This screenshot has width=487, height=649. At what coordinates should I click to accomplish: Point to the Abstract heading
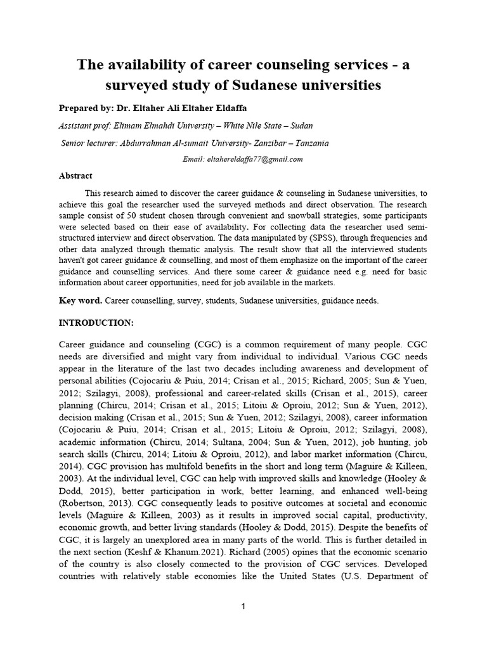(75, 176)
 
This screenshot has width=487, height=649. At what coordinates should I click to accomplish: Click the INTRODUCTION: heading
(96, 323)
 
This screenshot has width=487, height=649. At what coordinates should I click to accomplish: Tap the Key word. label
(81, 301)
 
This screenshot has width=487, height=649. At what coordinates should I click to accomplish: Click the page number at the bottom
(243, 607)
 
